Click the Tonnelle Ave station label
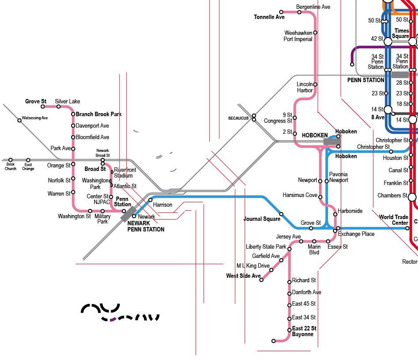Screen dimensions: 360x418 pos(269,17)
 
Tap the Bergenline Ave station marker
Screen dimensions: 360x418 pos(299,12)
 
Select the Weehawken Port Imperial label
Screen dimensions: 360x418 pos(298,36)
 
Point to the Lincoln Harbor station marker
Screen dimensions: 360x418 pos(315,84)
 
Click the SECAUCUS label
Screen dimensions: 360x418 pos(238,118)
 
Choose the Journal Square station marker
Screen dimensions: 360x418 pos(281,214)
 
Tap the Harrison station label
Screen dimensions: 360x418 pos(162,205)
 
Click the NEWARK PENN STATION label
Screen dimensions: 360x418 pos(146,227)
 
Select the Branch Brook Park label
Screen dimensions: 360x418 pos(98,114)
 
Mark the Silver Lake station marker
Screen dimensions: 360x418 pos(59,106)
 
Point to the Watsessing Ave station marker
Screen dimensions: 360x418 pos(19,120)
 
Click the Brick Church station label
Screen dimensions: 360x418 pos(11,167)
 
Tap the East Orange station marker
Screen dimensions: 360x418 pos(28,160)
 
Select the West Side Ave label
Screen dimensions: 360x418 pos(243,276)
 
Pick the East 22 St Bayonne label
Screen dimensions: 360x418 pos(304,331)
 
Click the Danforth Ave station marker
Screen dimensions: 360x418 pos(289,292)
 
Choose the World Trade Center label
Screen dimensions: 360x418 pos(394,220)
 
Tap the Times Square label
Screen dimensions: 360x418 pos(401,34)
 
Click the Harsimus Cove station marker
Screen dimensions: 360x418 pos(320,197)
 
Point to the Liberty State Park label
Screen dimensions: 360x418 pos(266,247)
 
